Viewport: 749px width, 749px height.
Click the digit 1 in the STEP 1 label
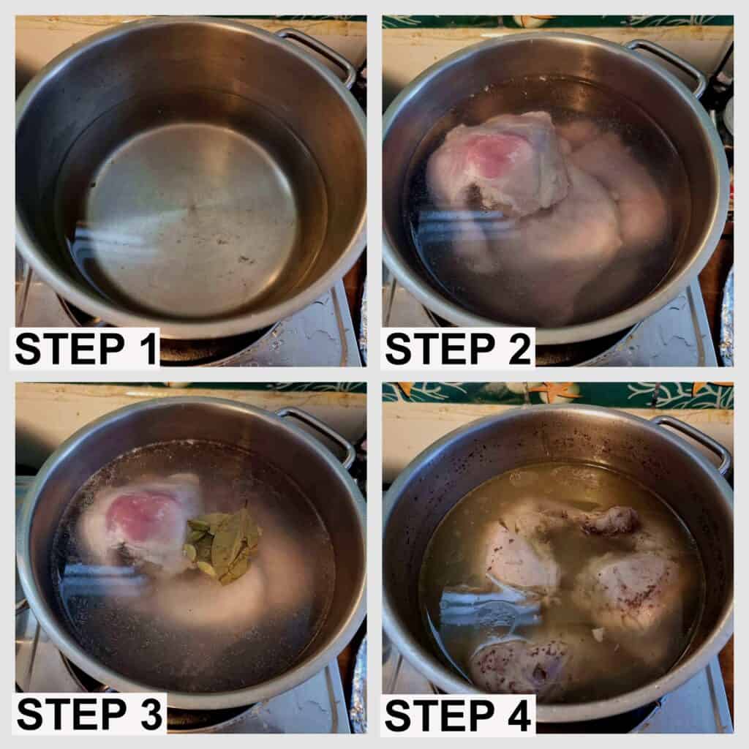[x=150, y=349]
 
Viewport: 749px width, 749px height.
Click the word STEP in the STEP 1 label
[x=69, y=349]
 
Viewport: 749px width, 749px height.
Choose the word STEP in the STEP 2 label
[x=440, y=349]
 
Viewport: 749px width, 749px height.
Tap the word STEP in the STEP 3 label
[x=72, y=714]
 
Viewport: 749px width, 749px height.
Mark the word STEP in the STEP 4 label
[x=440, y=715]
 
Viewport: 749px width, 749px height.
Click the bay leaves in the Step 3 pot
[x=222, y=544]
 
